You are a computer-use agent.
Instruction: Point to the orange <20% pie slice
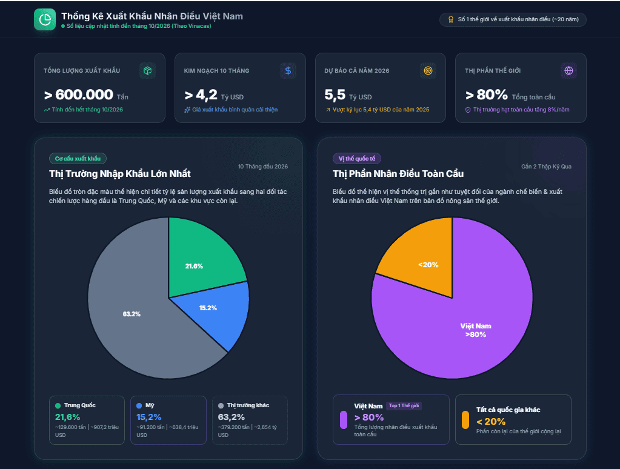coord(423,257)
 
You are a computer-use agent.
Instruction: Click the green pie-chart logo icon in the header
coord(45,19)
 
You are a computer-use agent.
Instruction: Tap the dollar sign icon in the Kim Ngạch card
coord(288,70)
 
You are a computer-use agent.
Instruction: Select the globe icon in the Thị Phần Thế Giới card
coord(568,70)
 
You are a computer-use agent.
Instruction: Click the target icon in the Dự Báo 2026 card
coord(428,70)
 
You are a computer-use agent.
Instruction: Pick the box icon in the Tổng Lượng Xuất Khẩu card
coord(147,70)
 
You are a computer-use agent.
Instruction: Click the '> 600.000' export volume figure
coord(79,95)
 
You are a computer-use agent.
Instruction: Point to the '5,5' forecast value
coord(335,95)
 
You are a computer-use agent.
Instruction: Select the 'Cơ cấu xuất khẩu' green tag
coord(78,159)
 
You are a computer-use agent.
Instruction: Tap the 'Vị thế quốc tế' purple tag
coord(357,159)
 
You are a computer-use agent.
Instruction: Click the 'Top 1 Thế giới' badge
coord(404,406)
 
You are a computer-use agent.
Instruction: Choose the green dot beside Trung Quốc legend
coord(58,405)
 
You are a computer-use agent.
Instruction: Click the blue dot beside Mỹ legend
coord(139,405)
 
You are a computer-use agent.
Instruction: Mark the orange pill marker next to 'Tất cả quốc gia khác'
coord(465,420)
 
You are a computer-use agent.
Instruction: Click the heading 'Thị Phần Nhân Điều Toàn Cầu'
coord(398,174)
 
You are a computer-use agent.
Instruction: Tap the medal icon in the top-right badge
coord(451,19)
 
